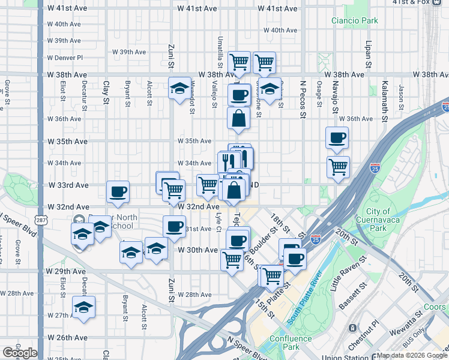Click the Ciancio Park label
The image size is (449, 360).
coord(355,20)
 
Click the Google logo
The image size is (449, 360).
coord(19,353)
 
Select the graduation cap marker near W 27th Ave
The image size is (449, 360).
coord(83,307)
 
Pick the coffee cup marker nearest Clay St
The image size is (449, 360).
coord(118,191)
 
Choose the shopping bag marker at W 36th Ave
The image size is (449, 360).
coord(239,118)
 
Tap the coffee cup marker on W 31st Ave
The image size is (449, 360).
coord(174,226)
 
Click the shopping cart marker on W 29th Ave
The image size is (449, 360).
coord(232,260)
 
